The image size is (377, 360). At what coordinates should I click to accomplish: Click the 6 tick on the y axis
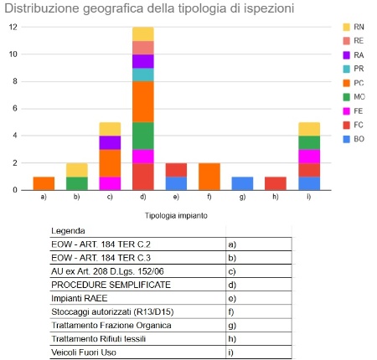pyautogui.click(x=13, y=109)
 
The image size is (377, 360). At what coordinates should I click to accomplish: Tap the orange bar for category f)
pyautogui.click(x=209, y=177)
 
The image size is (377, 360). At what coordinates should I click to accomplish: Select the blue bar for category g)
pyautogui.click(x=242, y=183)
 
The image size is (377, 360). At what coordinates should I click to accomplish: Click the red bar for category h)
pyautogui.click(x=275, y=183)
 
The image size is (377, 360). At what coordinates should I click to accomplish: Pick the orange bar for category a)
pyautogui.click(x=44, y=183)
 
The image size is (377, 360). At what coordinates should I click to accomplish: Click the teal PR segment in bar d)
pyautogui.click(x=142, y=75)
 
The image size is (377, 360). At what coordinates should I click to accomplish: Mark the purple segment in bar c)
pyautogui.click(x=110, y=142)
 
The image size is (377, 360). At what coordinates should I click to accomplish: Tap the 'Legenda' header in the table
pyautogui.click(x=68, y=231)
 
